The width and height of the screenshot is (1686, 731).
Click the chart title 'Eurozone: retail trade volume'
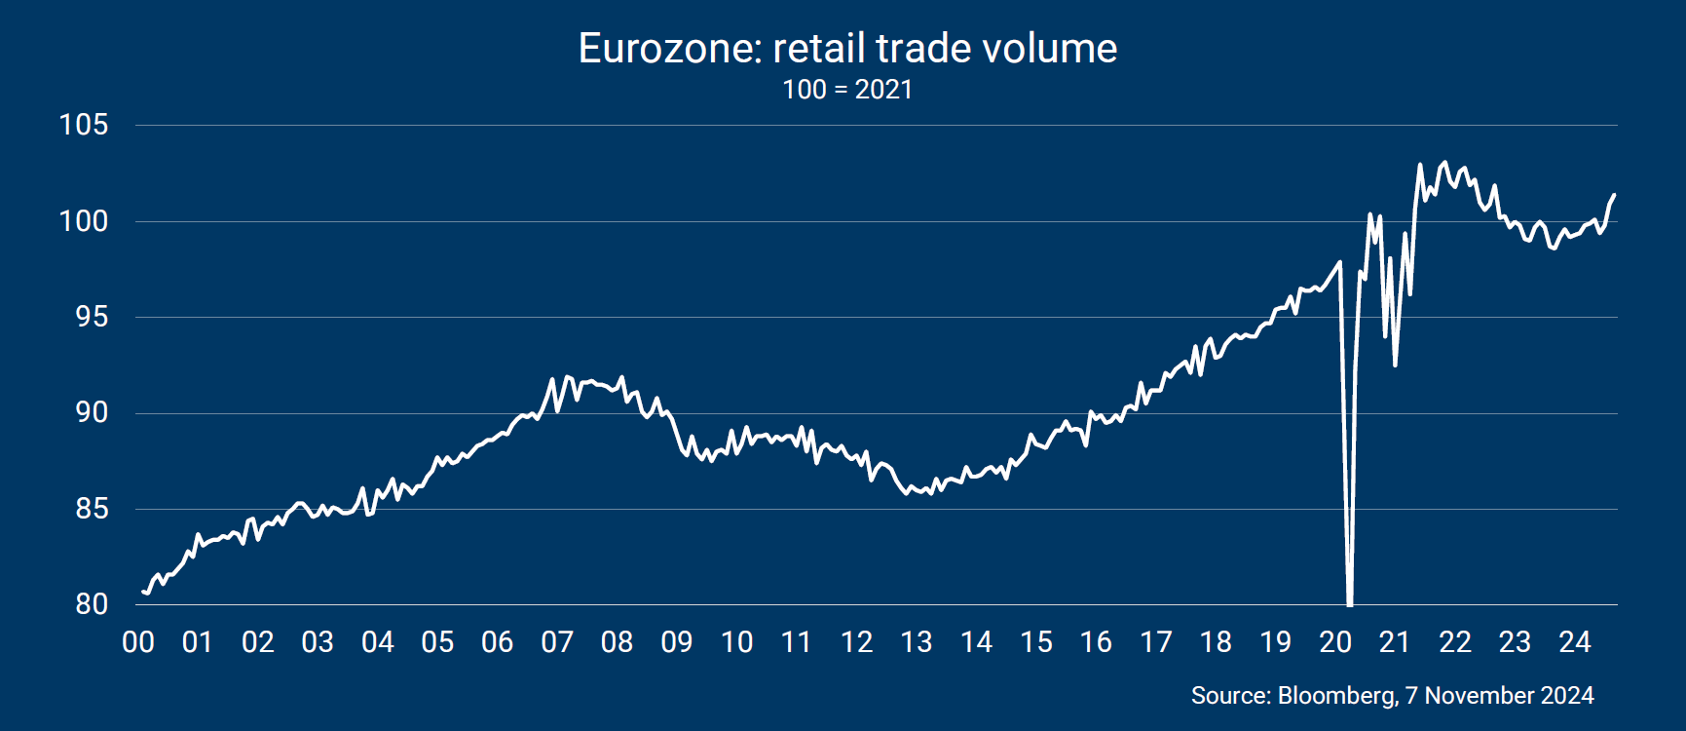[x=847, y=48]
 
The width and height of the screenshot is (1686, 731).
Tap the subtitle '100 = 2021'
[x=847, y=90]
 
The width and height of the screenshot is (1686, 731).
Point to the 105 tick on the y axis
[x=84, y=125]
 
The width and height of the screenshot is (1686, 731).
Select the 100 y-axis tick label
[x=84, y=221]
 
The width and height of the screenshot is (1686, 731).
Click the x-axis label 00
[x=138, y=642]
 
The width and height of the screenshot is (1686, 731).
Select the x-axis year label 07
[x=557, y=642]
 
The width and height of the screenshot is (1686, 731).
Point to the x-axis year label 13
[x=917, y=642]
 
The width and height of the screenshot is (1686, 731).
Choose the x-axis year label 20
[x=1335, y=642]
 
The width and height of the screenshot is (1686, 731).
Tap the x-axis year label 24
[x=1575, y=642]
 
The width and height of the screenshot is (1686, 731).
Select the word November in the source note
[x=1471, y=695]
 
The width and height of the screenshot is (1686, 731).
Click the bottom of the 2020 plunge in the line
[x=1350, y=603]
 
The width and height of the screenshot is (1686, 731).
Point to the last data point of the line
[x=1614, y=195]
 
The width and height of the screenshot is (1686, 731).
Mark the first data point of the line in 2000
[x=143, y=591]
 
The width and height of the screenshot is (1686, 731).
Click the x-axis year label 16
[x=1096, y=642]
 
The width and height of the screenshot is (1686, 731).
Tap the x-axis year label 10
[x=737, y=642]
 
